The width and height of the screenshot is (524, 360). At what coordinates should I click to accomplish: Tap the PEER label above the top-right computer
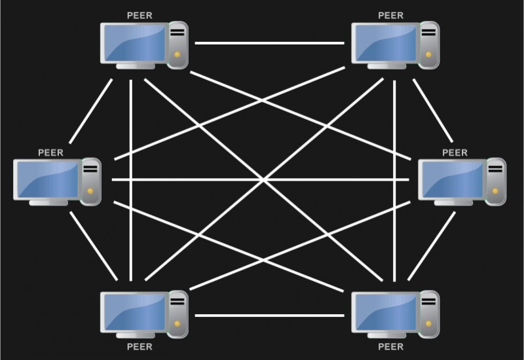point(390,14)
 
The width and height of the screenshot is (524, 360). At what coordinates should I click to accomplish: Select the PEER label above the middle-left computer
point(51,153)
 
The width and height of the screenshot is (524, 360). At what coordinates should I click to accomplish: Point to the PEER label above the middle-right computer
point(455,153)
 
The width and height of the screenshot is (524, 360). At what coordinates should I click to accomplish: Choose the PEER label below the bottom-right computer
point(390,347)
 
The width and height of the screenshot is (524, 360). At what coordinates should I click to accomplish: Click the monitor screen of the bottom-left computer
point(133,312)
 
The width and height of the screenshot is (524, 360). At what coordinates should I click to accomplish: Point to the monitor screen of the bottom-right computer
point(384,312)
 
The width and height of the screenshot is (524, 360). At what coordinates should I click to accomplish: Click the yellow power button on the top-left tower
point(178,54)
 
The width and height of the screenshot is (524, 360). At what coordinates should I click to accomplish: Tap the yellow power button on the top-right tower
point(429,54)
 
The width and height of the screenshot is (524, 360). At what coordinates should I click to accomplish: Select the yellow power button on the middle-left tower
point(91,190)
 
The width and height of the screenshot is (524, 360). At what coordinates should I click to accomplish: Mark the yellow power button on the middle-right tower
point(495,190)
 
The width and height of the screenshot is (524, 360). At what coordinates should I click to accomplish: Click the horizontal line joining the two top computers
point(269,44)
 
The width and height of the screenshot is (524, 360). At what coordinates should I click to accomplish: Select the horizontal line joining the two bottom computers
point(269,315)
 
